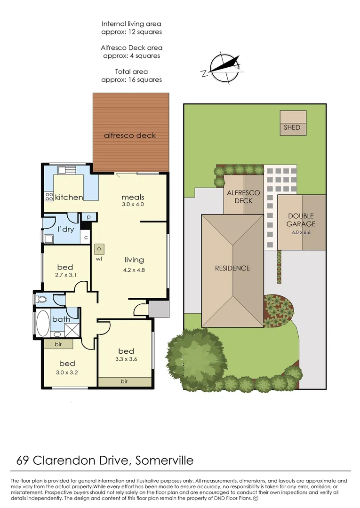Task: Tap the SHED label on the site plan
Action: [x=292, y=127]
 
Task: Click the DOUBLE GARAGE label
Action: [x=302, y=220]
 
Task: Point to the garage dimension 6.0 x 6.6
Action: [x=302, y=232]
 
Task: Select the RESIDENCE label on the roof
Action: [x=232, y=268]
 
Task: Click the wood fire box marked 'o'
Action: [x=100, y=248]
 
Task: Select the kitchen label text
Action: [x=69, y=197]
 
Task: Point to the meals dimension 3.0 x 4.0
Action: [x=133, y=205]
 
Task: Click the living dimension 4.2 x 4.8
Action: [x=134, y=270]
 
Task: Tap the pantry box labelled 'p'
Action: [x=88, y=217]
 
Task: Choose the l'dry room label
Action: [x=65, y=229]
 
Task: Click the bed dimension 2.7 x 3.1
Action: [x=65, y=276]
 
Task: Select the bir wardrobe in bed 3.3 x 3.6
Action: [x=125, y=381]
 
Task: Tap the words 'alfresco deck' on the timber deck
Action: [x=130, y=135]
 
